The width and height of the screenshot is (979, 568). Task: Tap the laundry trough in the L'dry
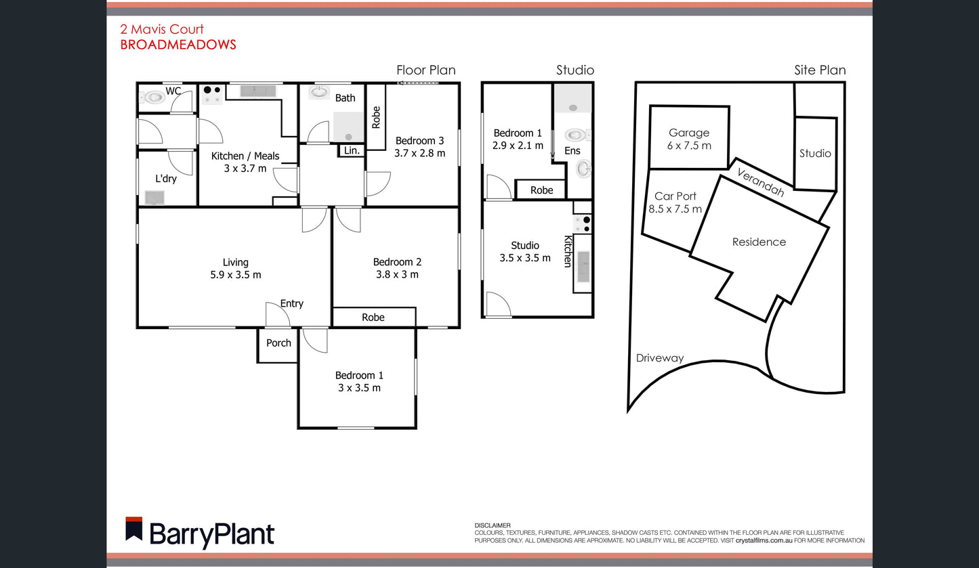coord(154,198)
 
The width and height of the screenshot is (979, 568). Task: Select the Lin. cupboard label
coord(352,150)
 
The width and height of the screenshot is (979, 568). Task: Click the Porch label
coord(278,343)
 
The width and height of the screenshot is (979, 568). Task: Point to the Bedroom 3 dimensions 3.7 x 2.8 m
coord(419,153)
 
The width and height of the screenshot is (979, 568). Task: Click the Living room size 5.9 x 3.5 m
coord(236,275)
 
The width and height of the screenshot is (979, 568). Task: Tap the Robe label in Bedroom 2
coord(373,318)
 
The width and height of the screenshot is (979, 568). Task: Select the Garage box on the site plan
coord(689,137)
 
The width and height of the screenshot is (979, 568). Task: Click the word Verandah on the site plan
coord(760,182)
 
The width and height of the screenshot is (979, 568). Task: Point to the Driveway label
coord(659,358)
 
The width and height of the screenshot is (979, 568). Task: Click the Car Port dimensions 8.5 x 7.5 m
coord(675,209)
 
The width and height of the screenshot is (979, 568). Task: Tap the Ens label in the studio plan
coord(572,151)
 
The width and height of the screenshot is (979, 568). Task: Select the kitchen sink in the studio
coord(583,266)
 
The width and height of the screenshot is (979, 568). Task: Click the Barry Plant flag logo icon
coord(133,529)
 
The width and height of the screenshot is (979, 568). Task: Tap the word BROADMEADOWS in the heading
coord(178,45)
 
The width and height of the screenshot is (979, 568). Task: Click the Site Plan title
coord(820,70)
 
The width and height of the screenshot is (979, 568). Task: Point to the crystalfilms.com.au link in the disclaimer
coord(764,540)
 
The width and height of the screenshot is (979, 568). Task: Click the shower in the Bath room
coord(348,127)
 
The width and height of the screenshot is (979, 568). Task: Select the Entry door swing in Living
coord(278,314)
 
